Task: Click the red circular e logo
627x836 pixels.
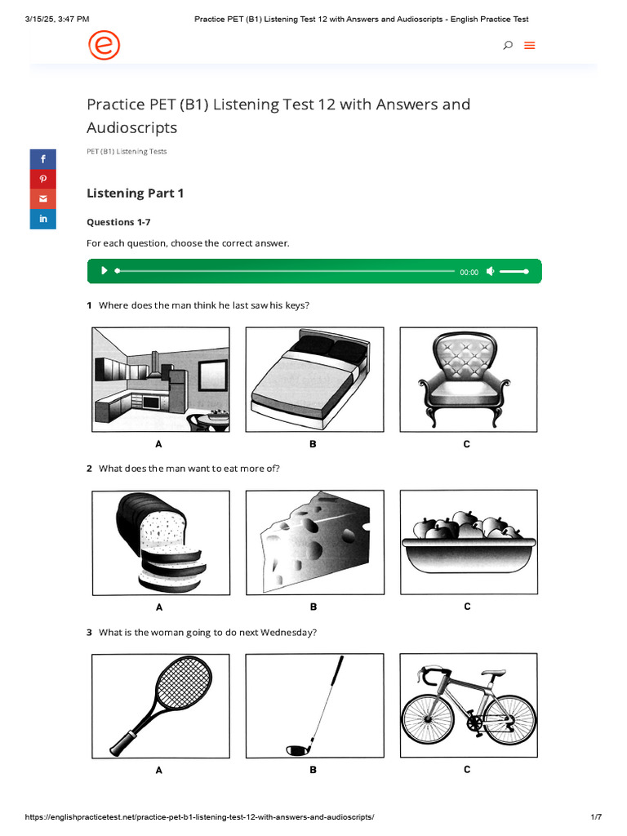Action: [x=104, y=46]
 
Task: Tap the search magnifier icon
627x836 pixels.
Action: [x=508, y=46]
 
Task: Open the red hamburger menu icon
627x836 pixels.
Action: [x=529, y=46]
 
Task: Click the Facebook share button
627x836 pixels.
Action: [x=43, y=159]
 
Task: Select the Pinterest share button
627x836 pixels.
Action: [x=43, y=179]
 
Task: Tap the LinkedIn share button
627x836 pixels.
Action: [x=43, y=219]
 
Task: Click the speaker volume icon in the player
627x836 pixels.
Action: [x=491, y=271]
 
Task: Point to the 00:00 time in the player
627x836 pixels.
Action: [x=469, y=272]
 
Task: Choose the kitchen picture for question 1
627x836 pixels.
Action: [x=161, y=379]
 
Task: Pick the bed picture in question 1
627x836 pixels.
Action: [x=314, y=379]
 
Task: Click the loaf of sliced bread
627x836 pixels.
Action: [x=161, y=543]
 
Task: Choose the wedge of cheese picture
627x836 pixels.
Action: [x=315, y=542]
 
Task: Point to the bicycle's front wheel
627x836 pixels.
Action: [x=428, y=720]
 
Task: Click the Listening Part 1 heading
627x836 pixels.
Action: [x=135, y=193]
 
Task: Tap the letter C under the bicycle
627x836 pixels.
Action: [x=467, y=769]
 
